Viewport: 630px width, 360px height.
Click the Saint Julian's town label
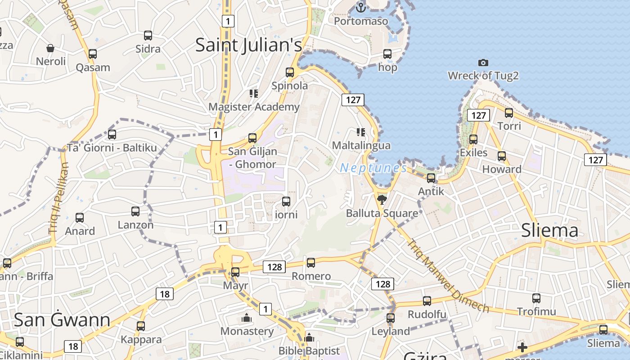tap(248, 45)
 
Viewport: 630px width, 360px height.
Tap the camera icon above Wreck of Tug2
tap(483, 63)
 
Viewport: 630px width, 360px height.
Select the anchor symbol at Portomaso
tap(360, 7)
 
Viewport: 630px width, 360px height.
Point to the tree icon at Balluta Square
tap(382, 199)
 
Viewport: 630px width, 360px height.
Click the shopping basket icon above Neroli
tap(50, 48)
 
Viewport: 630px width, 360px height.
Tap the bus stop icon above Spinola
tap(290, 72)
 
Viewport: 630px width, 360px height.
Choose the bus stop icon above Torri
tap(509, 112)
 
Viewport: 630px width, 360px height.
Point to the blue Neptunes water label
tap(373, 168)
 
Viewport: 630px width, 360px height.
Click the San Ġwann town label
tap(62, 319)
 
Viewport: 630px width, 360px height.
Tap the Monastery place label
tap(247, 331)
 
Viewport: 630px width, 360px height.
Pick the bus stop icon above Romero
tap(311, 262)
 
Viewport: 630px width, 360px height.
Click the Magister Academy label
tap(254, 107)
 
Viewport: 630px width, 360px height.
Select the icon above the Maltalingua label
tap(360, 132)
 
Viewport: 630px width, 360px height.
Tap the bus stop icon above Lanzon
tap(135, 211)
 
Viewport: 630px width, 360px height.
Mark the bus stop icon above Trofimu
tap(536, 298)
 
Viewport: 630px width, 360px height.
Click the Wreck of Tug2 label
tap(483, 76)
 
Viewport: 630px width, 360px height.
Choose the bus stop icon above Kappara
tap(141, 326)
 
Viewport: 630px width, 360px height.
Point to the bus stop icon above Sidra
tap(148, 35)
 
